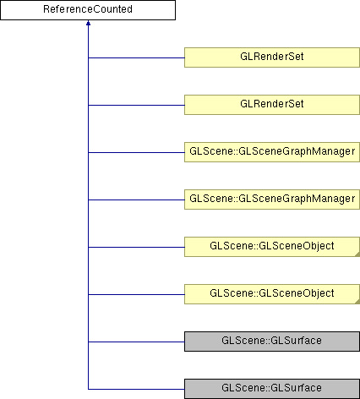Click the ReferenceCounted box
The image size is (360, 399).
tap(88, 10)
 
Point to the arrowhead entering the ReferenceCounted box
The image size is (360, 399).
tap(88, 23)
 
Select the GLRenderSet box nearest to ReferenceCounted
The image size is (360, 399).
tap(272, 57)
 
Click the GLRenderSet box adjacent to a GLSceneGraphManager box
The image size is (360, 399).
tap(272, 105)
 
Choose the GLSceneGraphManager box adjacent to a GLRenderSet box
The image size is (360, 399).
tap(272, 152)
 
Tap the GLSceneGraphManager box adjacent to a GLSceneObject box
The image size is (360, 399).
tap(272, 199)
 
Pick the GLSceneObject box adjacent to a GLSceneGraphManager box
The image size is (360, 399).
tap(272, 247)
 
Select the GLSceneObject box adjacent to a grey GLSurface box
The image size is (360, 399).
tap(272, 294)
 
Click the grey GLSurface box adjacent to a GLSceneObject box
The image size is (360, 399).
tap(272, 342)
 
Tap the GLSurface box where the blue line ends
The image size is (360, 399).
tap(272, 389)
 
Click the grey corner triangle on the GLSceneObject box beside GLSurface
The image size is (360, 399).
tap(357, 302)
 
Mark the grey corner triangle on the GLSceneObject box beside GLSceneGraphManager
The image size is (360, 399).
tap(357, 254)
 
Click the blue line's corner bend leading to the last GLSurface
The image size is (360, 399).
tap(88, 389)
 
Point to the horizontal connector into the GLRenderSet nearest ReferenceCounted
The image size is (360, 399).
tap(136, 57)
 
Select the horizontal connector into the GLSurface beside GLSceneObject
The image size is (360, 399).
tap(136, 342)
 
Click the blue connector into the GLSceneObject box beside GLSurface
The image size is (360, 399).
tap(136, 294)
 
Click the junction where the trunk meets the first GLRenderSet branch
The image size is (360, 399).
tap(88, 57)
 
